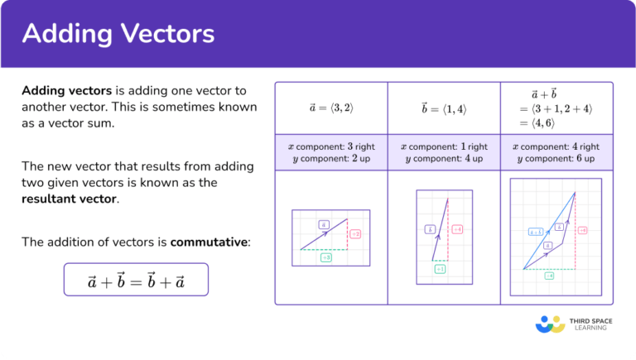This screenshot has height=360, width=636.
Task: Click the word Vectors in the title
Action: (166, 34)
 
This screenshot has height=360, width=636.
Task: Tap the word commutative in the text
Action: (208, 242)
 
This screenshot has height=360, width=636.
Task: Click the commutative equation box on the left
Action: (136, 281)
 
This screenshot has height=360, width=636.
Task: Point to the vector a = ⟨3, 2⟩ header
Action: (330, 108)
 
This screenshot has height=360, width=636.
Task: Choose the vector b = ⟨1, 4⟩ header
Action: (443, 108)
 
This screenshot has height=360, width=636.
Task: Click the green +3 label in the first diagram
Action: (326, 258)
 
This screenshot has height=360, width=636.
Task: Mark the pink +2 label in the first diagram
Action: (354, 234)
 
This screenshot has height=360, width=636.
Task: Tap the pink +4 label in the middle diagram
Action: (457, 229)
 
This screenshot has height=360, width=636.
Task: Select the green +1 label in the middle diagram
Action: (440, 269)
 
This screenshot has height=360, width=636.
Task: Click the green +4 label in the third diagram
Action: (549, 276)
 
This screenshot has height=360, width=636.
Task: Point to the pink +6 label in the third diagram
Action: (582, 230)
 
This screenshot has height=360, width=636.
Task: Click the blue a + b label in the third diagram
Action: (535, 232)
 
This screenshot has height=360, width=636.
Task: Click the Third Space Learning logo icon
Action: (550, 324)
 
